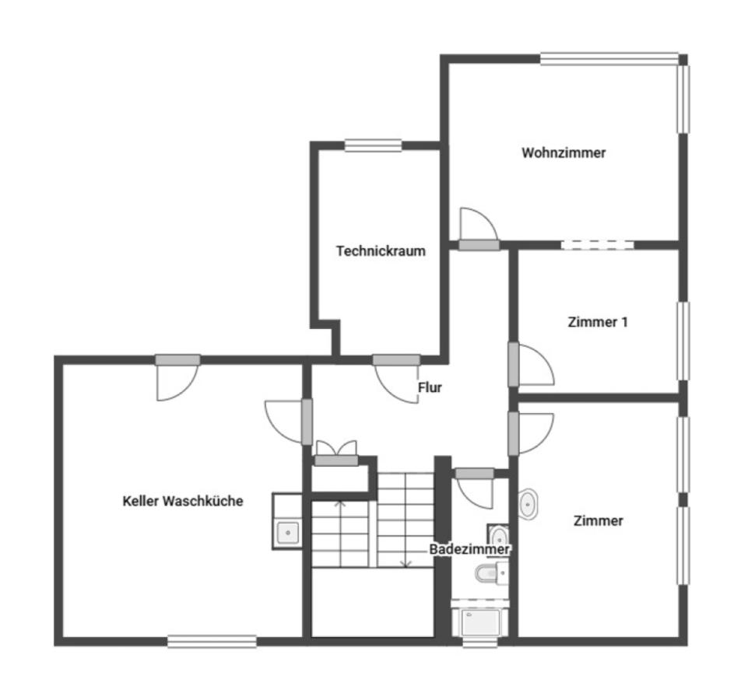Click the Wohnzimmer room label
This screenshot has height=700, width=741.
coord(564,152)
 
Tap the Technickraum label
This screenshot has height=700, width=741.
coord(381,250)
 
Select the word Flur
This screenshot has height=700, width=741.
coord(430,387)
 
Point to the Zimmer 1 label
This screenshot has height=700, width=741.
coord(597,322)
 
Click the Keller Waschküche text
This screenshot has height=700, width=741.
coord(183,501)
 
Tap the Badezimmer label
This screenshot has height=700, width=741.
coord(469,549)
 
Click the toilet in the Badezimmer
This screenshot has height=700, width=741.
coord(491,573)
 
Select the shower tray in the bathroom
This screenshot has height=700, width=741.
coord(480,622)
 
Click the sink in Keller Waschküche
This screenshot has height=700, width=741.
coord(287,532)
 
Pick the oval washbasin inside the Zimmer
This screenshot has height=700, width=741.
coord(527,505)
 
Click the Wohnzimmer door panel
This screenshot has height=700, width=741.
coord(479,245)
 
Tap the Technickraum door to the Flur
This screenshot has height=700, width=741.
coord(396,360)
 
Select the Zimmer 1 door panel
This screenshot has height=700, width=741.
coord(514,365)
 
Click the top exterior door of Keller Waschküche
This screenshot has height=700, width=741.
coord(177,360)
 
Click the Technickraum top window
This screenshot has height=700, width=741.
coord(373,145)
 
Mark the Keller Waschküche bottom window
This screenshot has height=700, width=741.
coord(212,642)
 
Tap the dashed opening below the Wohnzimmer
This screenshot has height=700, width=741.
coord(597,245)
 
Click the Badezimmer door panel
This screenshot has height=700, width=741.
coord(475,474)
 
